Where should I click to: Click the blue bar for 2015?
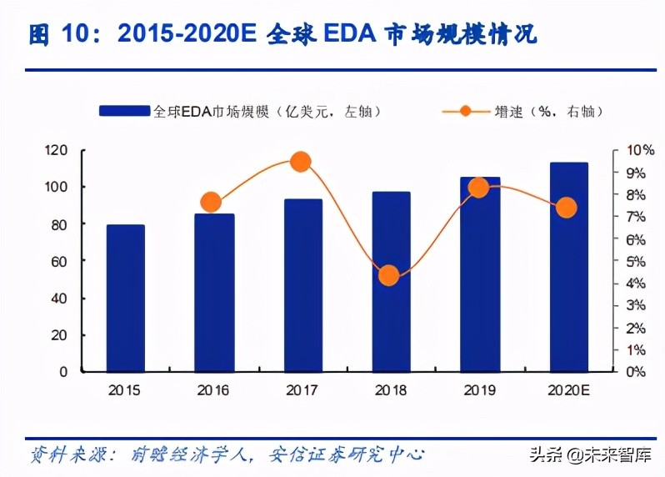tap(125, 298)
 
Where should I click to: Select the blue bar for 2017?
tap(302, 285)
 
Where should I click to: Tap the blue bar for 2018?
tap(391, 281)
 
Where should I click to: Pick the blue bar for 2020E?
tap(568, 267)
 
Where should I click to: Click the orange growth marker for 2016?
tap(211, 203)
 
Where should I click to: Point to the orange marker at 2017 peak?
tap(301, 162)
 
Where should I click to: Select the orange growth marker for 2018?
tap(388, 276)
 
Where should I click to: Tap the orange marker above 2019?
tap(478, 188)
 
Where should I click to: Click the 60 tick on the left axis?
tap(58, 261)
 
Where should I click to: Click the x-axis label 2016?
tap(213, 390)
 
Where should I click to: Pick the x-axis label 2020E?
tap(568, 390)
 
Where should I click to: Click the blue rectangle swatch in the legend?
tap(125, 111)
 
